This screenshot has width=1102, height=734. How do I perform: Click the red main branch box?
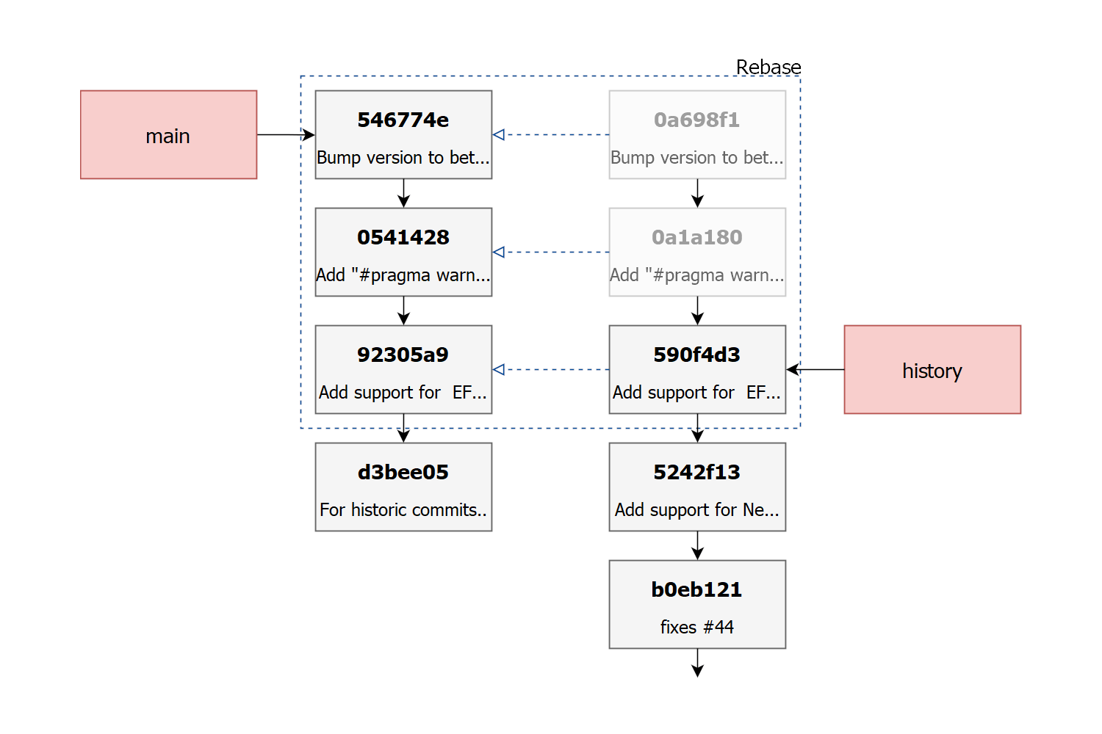[x=169, y=135]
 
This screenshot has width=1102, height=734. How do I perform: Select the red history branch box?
[x=932, y=370]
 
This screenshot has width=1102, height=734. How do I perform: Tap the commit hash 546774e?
[x=403, y=120]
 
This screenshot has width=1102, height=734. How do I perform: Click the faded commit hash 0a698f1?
[x=696, y=120]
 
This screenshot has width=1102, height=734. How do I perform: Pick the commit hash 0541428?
[x=403, y=238]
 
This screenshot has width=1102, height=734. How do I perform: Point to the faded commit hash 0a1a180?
[x=696, y=238]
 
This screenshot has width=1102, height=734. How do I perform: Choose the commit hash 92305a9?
[x=403, y=355]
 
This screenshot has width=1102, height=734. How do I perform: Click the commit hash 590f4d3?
[x=696, y=355]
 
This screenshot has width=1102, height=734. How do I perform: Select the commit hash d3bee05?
[x=403, y=473]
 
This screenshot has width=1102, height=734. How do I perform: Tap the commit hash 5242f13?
[x=696, y=473]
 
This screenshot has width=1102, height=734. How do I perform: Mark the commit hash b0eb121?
[x=696, y=590]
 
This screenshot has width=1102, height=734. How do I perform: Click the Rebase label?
[x=768, y=67]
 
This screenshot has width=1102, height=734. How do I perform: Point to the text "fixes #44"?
[x=696, y=628]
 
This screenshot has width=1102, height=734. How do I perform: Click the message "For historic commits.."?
[x=403, y=510]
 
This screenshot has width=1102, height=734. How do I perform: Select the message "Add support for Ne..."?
[x=696, y=510]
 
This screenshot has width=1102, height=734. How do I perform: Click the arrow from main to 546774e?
[x=286, y=135]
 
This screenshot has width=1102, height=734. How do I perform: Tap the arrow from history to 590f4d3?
[x=815, y=370]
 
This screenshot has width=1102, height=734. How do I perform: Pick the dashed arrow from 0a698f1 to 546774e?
[x=550, y=135]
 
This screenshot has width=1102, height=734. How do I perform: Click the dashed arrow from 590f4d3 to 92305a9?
[x=550, y=370]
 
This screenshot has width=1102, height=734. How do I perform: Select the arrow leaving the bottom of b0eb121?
[x=697, y=664]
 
